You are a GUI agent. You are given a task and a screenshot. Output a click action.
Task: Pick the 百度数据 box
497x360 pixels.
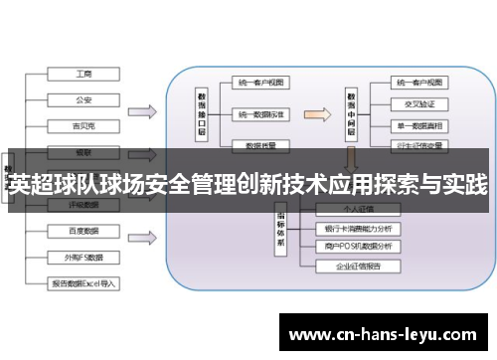pos(84,231)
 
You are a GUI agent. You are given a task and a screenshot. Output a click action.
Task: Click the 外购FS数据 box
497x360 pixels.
pos(84,257)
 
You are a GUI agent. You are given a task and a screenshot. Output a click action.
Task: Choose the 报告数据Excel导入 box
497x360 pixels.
pos(84,283)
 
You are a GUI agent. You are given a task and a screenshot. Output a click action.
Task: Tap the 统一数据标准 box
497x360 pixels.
pos(260,114)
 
